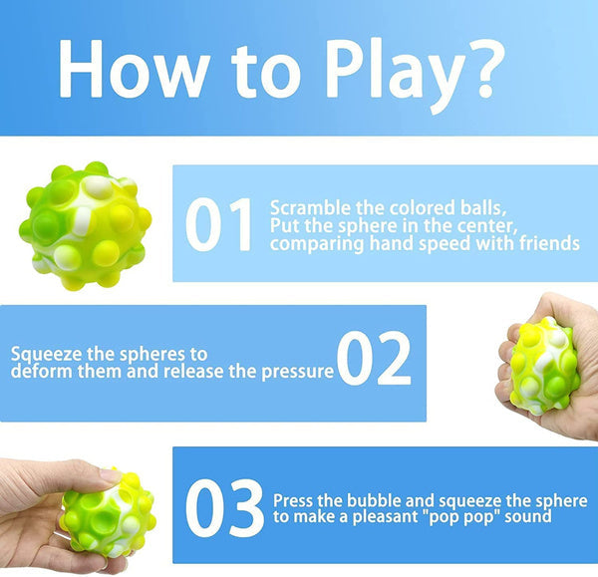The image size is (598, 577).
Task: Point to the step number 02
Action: pos(374,361)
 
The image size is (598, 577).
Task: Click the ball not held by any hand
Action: pos(85,225)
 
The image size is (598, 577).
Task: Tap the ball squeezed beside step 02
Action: pos(543,367)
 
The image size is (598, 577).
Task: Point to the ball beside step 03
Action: pos(108,513)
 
